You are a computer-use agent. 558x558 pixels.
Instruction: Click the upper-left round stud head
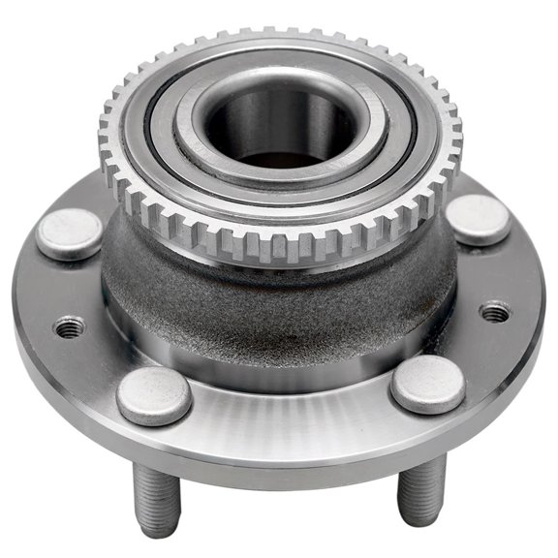pos(70,233)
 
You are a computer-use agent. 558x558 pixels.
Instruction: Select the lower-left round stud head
pos(154,394)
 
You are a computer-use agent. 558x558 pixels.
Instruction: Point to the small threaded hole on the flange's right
pos(495,312)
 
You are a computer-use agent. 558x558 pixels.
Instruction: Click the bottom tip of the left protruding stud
pos(158,529)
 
